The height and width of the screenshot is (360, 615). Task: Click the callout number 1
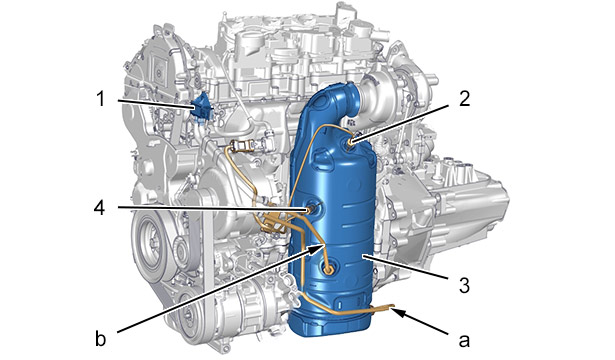pos(101,99)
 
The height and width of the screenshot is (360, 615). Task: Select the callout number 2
pos(464,99)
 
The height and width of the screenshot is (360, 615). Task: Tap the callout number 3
pos(464,285)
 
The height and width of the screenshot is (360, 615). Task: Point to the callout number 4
pos(100,207)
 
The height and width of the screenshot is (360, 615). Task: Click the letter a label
pos(464,341)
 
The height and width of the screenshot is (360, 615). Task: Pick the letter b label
pos(101,338)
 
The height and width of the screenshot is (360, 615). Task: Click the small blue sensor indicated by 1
pos(201,107)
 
